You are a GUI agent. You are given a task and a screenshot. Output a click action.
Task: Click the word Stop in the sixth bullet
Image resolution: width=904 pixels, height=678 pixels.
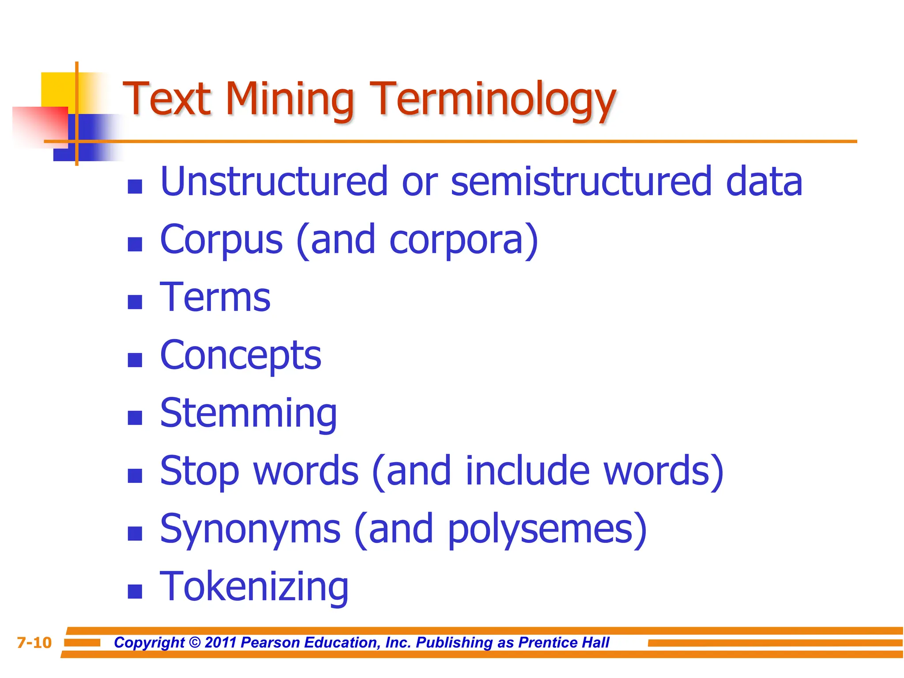click(x=200, y=471)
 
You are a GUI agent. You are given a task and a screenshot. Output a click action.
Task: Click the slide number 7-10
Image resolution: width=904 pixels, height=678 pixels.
click(x=34, y=643)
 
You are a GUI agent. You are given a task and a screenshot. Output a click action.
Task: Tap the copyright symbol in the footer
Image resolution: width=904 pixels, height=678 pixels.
click(x=195, y=642)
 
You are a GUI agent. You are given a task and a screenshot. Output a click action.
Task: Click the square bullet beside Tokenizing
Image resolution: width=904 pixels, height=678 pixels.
click(x=135, y=591)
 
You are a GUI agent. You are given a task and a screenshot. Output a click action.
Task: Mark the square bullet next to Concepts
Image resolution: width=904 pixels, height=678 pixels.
click(x=135, y=360)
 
